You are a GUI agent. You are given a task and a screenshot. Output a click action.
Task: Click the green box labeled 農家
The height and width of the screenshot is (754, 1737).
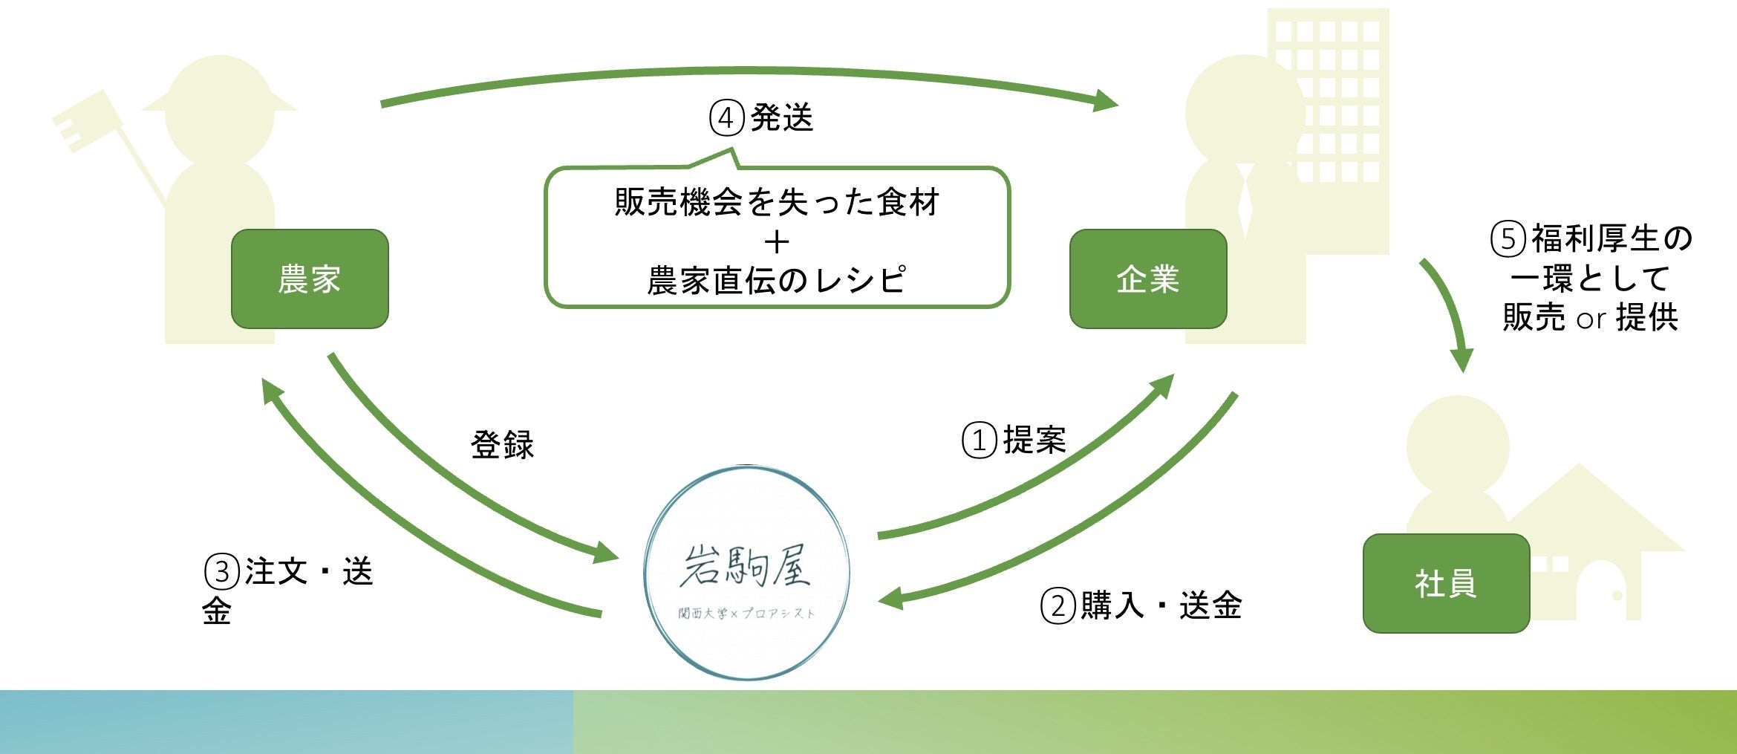point(310,279)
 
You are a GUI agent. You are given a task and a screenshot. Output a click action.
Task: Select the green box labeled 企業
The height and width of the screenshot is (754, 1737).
point(1147,279)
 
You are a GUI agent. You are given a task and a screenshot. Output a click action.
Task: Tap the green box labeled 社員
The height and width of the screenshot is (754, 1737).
point(1445,583)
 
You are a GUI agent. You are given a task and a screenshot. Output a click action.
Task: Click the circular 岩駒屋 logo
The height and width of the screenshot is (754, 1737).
point(746,572)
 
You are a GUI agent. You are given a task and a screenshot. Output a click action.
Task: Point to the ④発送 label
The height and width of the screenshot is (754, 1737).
point(761,118)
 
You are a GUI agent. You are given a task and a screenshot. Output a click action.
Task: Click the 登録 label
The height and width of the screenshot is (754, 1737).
point(502,444)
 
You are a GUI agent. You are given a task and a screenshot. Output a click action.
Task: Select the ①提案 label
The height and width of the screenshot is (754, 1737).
point(1014,440)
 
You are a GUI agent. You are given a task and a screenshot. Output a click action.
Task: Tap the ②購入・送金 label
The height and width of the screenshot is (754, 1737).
point(1141,605)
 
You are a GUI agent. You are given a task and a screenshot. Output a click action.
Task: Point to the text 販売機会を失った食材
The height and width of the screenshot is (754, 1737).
point(777,202)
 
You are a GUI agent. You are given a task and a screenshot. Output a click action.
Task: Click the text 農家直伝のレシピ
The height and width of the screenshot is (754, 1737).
point(777,280)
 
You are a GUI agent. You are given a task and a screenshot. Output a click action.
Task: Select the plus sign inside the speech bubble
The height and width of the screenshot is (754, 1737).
point(777,242)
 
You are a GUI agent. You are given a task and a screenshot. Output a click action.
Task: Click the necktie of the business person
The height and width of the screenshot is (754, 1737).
point(1245,201)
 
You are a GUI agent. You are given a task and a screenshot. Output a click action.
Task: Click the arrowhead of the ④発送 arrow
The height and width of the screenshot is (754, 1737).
point(1107,100)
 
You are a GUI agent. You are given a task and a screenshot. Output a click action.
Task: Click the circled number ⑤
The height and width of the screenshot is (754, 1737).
point(1508,238)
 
